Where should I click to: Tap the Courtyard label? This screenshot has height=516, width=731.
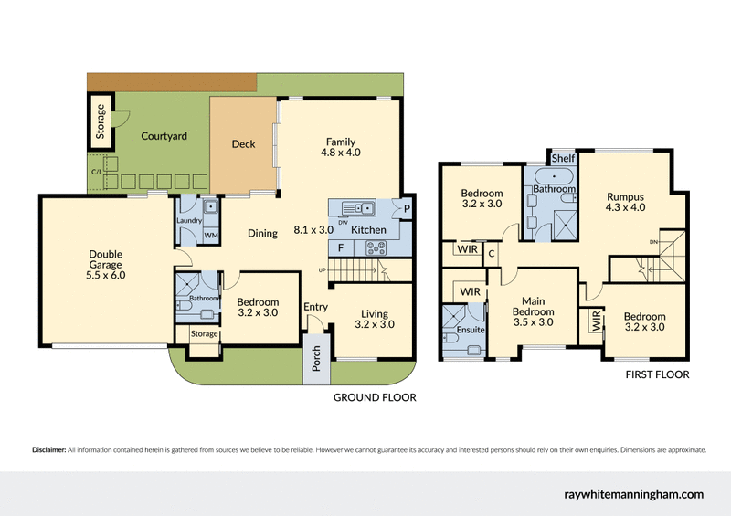pyautogui.click(x=164, y=136)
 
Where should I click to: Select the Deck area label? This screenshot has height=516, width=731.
pyautogui.click(x=243, y=144)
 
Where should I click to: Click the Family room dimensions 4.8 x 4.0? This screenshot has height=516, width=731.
pyautogui.click(x=340, y=153)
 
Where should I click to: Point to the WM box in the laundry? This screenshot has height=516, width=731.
pyautogui.click(x=211, y=236)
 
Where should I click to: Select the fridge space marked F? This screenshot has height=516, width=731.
pyautogui.click(x=341, y=247)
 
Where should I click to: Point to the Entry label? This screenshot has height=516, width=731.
pyautogui.click(x=315, y=307)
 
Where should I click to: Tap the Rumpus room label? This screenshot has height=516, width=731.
pyautogui.click(x=626, y=196)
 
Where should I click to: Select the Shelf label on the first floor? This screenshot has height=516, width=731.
pyautogui.click(x=563, y=159)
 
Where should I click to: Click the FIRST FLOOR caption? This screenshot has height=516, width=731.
pyautogui.click(x=657, y=374)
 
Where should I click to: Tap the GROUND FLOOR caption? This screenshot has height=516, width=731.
pyautogui.click(x=375, y=397)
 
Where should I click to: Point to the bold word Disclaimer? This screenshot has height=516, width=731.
pyautogui.click(x=48, y=450)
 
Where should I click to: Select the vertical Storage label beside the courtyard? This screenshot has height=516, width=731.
pyautogui.click(x=101, y=121)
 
